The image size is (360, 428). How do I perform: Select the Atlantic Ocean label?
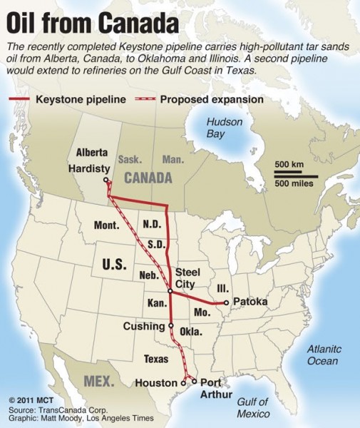tap(324, 355)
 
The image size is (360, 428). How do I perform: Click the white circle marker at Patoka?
tap(226, 302)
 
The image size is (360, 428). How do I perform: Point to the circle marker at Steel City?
tap(170, 290)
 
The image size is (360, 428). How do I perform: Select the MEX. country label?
tap(99, 382)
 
